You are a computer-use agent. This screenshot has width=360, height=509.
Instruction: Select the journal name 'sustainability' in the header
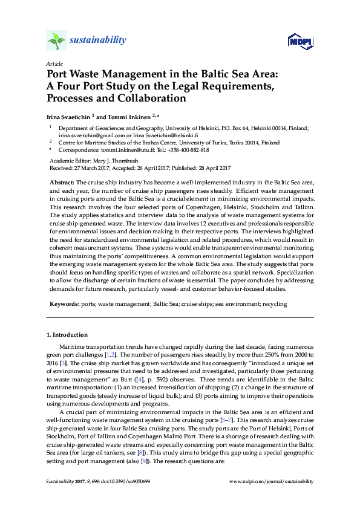pyautogui.click(x=98, y=41)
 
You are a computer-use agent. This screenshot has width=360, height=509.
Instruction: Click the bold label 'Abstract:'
pyautogui.click(x=61, y=182)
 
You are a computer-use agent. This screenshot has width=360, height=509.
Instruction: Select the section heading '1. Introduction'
pyautogui.click(x=67, y=335)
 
